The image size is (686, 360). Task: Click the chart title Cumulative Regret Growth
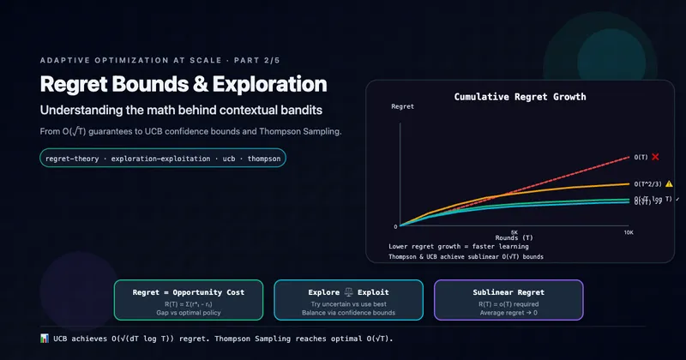(520, 97)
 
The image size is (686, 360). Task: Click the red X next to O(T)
(655, 157)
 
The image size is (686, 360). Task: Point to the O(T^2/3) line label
(647, 183)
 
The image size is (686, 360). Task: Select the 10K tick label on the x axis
(629, 231)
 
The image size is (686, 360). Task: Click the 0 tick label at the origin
(395, 226)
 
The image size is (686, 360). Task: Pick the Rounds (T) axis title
(514, 237)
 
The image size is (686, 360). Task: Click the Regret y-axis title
(402, 106)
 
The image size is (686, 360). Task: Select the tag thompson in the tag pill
(262, 159)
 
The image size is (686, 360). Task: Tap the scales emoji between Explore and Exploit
(347, 292)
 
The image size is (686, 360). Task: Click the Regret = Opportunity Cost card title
(189, 292)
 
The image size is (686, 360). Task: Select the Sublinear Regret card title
(508, 292)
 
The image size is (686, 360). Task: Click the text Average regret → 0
(508, 314)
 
